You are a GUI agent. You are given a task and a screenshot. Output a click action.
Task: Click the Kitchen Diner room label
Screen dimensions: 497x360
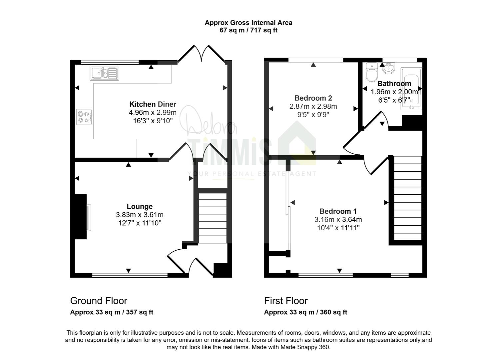tap(153, 104)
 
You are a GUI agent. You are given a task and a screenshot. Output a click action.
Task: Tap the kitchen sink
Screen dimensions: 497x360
tap(105, 73)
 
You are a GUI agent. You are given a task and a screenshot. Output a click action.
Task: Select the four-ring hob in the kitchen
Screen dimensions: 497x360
tap(84, 117)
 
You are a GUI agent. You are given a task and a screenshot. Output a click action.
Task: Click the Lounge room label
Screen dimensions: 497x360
tap(140, 206)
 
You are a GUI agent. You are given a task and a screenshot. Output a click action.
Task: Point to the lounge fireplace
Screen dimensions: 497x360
tap(81, 217)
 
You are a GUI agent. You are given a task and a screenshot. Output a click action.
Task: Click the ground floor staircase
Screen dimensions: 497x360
tap(213, 218)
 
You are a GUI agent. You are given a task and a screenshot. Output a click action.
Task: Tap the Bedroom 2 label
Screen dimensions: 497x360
tap(313, 98)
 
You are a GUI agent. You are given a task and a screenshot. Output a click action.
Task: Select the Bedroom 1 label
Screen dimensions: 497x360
tap(338, 211)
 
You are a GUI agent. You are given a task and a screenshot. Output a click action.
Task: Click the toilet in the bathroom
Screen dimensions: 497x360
tap(372, 72)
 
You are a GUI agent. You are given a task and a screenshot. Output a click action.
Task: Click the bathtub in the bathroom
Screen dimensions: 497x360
tap(411, 89)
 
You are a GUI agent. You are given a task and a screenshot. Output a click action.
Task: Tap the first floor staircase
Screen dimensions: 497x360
tap(408, 198)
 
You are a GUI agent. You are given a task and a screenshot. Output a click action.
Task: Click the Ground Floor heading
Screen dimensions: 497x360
tap(99, 301)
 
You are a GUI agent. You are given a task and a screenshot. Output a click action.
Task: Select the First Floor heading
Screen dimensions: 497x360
tap(286, 301)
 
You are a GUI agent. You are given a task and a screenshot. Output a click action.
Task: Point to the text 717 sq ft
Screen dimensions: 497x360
tap(264, 30)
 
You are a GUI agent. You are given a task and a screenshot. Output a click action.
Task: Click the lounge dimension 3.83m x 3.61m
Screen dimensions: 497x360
tap(140, 215)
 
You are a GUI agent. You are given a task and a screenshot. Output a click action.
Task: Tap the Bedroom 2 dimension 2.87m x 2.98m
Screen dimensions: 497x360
tap(313, 106)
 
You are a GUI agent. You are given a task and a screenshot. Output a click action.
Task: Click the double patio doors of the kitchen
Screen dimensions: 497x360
tap(202, 53)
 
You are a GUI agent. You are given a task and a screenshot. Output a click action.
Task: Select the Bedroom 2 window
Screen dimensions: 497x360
tap(316, 60)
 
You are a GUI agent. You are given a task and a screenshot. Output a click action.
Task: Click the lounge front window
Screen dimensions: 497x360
tap(130, 275)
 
